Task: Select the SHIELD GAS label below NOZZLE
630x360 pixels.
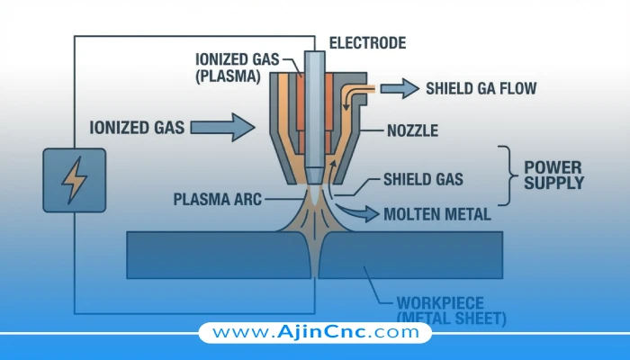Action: [423, 179]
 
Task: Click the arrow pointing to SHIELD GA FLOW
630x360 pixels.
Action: [400, 87]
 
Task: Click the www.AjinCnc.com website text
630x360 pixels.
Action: [315, 332]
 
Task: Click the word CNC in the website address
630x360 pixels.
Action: [355, 332]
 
